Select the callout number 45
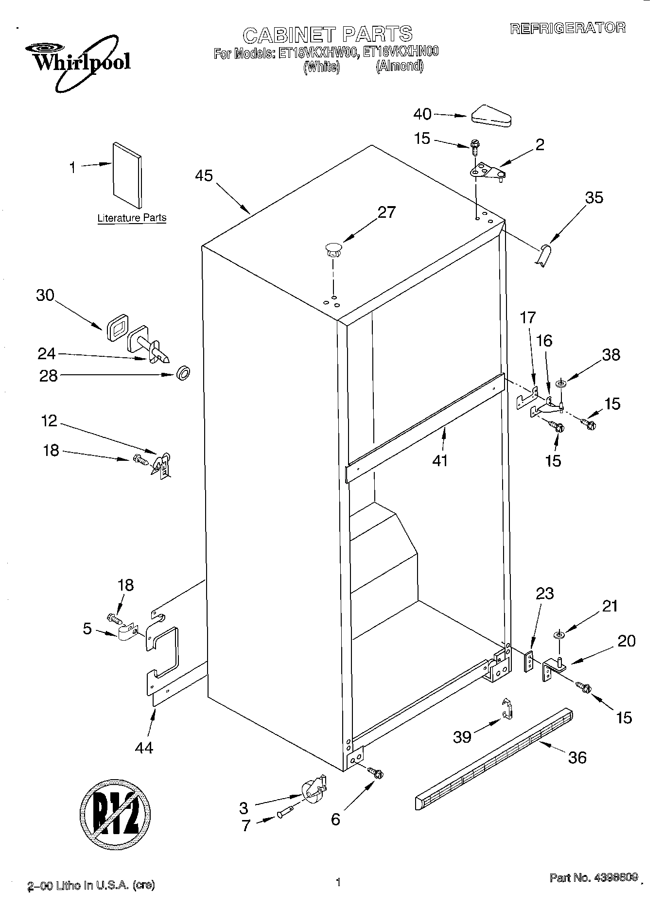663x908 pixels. coord(204,175)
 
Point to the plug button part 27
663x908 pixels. coord(333,250)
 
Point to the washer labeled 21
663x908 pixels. coord(558,634)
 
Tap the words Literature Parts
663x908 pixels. coord(132,218)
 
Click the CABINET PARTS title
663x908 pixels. coord(327,35)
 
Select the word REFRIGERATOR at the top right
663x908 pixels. coord(567,28)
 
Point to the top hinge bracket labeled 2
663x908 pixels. coord(487,172)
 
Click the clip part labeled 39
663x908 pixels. coord(507,711)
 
